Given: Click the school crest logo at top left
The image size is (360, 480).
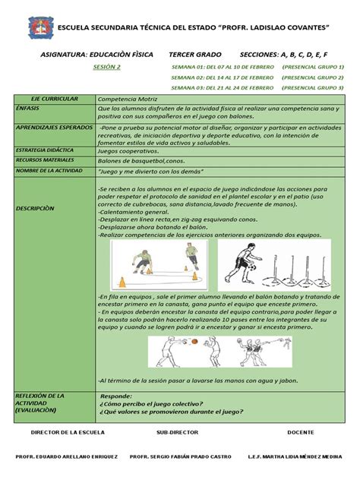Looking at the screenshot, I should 42,28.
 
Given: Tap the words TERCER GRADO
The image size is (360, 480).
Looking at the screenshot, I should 195,55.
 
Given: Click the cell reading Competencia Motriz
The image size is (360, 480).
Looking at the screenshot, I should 128,99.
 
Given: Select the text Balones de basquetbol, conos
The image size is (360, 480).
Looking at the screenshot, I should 142,161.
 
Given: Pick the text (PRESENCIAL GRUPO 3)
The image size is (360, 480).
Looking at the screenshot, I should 312,87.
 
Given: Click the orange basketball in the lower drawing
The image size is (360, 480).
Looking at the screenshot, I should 195,341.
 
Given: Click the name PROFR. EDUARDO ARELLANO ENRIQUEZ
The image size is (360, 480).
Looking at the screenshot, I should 67,458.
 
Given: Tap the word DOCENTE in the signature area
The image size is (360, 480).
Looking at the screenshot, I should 301,432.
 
